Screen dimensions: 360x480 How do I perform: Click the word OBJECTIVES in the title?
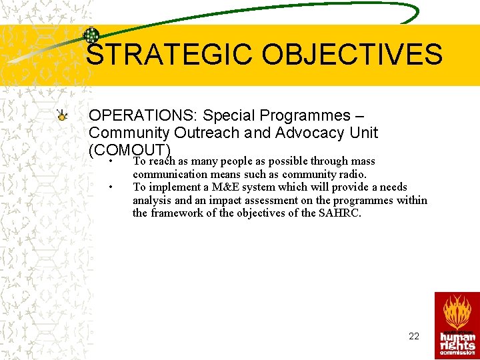point(352,55)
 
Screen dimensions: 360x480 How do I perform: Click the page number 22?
point(414,336)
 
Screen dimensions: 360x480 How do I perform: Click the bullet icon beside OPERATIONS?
point(61,115)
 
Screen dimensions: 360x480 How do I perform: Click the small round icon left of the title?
point(91,36)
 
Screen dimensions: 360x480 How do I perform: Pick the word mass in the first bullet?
point(363,161)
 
